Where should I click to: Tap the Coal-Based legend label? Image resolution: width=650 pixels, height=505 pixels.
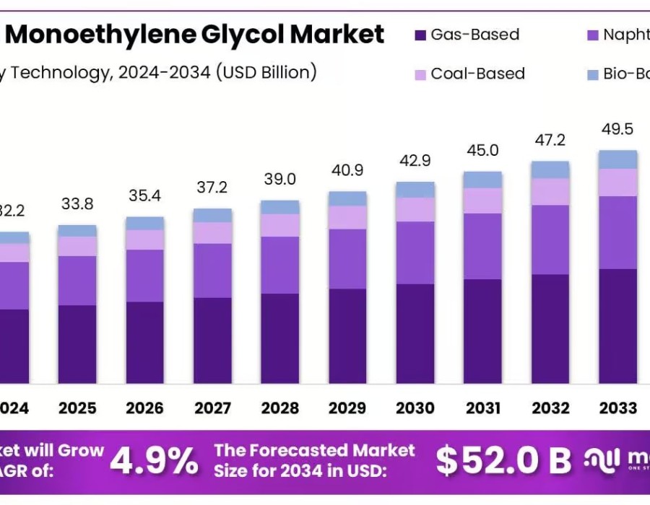[x=477, y=74]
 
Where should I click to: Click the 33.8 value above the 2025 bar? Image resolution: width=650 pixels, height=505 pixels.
[x=77, y=204]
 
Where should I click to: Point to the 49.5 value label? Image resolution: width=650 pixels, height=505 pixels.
[x=617, y=130]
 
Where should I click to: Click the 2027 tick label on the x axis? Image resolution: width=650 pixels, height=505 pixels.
[x=212, y=408]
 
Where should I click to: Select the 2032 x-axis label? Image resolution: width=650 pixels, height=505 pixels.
[x=550, y=408]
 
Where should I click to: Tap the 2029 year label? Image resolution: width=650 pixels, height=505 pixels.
[x=347, y=408]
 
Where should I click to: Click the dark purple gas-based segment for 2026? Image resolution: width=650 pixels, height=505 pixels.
[x=144, y=343]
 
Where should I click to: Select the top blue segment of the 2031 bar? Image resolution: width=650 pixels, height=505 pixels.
[x=482, y=180]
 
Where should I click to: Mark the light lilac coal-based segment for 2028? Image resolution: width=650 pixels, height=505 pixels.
[x=280, y=225]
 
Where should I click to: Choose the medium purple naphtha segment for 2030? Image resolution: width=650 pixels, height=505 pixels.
[x=415, y=252]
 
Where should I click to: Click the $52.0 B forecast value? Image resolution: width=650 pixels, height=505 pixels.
[x=504, y=460]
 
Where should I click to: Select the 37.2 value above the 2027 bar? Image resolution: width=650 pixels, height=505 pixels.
[x=212, y=188]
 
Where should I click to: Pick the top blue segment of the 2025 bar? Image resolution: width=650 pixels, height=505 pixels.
[x=77, y=231]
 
